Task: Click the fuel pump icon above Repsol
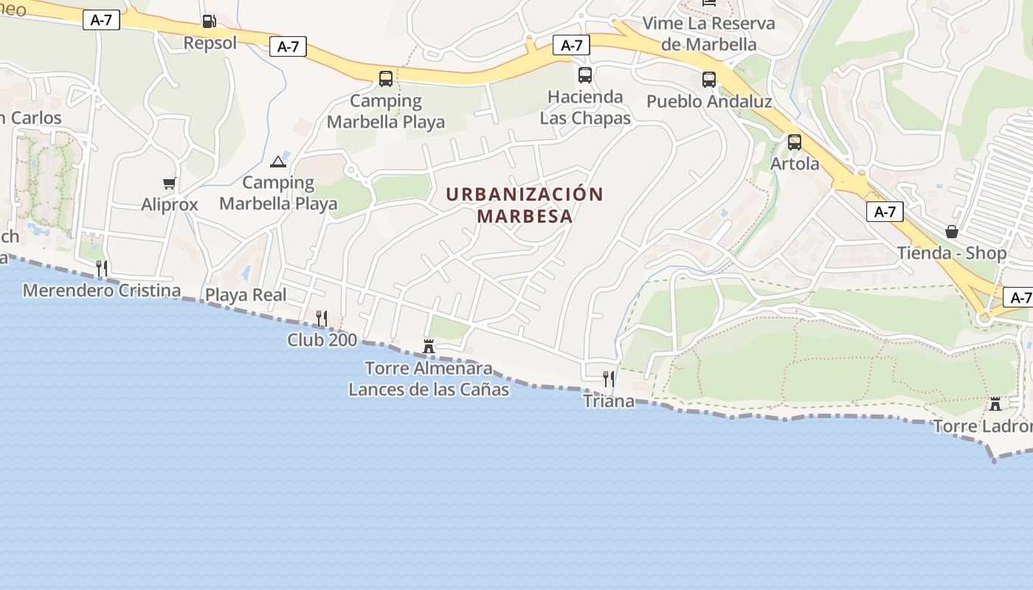(209, 21)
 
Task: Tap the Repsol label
(210, 43)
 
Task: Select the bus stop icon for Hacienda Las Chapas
(585, 75)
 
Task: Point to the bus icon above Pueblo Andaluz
(709, 80)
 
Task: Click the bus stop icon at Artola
(795, 142)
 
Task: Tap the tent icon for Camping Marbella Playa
(278, 162)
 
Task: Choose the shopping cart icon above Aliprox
(170, 183)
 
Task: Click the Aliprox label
(170, 204)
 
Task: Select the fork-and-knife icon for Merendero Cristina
(102, 268)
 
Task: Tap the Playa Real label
(246, 295)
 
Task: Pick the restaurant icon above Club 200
(322, 319)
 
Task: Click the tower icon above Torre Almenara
(429, 346)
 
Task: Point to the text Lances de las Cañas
(429, 389)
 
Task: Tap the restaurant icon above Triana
(609, 379)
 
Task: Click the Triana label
(609, 401)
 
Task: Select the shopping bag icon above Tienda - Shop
(952, 232)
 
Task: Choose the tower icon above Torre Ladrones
(995, 404)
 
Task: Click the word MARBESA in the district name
(525, 216)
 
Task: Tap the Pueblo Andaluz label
(709, 101)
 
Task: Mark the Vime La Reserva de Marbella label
(709, 33)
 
